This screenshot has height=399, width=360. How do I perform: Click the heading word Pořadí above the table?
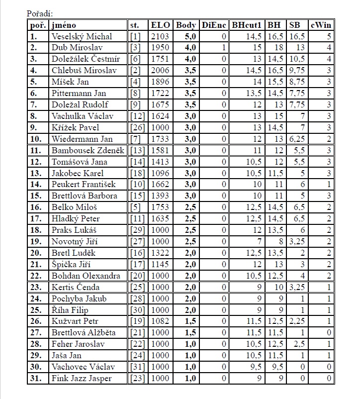click(x=39, y=14)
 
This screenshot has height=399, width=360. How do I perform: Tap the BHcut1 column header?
click(x=246, y=25)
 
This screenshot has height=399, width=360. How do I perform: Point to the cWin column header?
click(x=322, y=25)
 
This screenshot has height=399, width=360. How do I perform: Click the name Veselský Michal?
click(x=82, y=36)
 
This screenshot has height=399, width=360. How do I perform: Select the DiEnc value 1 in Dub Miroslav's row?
click(x=224, y=48)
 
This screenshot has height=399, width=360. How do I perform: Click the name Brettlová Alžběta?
click(x=83, y=332)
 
